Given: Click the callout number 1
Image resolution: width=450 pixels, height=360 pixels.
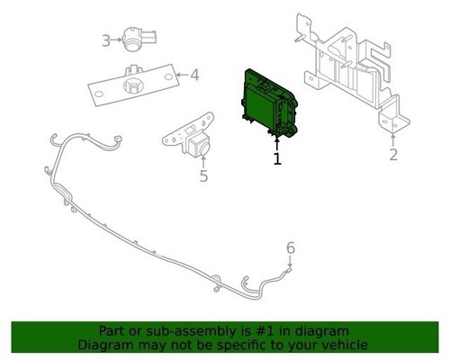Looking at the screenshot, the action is click(x=277, y=159).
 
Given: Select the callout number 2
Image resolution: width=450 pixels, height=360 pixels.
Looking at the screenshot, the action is click(x=393, y=155).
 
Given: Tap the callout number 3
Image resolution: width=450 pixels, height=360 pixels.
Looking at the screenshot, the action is click(x=106, y=40).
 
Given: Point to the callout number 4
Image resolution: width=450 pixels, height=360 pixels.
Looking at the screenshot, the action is click(x=194, y=75).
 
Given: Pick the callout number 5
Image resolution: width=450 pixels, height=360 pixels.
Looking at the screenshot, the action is click(x=203, y=175).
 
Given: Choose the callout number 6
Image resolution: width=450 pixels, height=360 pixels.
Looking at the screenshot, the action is click(x=291, y=248).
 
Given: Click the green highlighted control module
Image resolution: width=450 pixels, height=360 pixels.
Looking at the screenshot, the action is click(x=268, y=103).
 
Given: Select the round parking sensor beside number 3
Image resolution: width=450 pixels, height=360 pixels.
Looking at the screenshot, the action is click(x=139, y=40).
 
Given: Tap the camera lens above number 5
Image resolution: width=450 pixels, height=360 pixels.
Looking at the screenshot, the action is click(x=203, y=148).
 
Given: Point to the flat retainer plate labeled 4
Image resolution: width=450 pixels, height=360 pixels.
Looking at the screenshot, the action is click(x=133, y=85).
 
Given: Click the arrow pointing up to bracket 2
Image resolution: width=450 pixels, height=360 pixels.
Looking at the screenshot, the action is click(x=393, y=140).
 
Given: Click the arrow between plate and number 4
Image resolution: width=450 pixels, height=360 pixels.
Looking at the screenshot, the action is click(x=182, y=75).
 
